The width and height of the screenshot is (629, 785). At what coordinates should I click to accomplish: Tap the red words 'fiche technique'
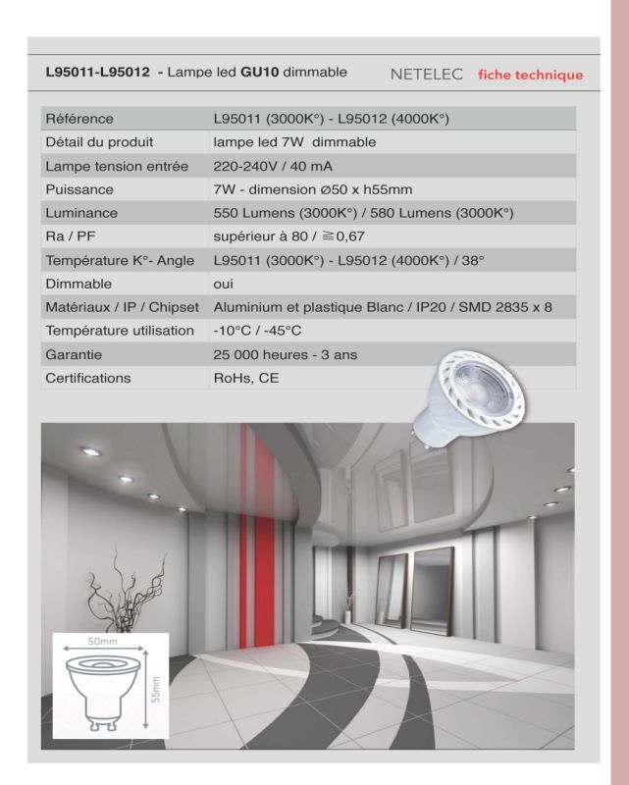tap(530, 75)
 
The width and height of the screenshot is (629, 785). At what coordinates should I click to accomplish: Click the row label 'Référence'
tap(79, 119)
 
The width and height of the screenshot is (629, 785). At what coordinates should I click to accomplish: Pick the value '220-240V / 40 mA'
tap(270, 166)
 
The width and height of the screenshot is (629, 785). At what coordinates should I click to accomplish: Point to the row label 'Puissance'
tap(79, 189)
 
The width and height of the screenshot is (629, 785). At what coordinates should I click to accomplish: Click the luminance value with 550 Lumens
tap(363, 213)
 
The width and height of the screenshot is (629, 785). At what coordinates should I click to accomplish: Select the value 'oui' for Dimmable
tap(224, 284)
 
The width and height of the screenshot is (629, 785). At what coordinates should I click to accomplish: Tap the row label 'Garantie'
tap(74, 354)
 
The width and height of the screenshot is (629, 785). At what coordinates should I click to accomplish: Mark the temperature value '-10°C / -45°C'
tap(257, 331)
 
